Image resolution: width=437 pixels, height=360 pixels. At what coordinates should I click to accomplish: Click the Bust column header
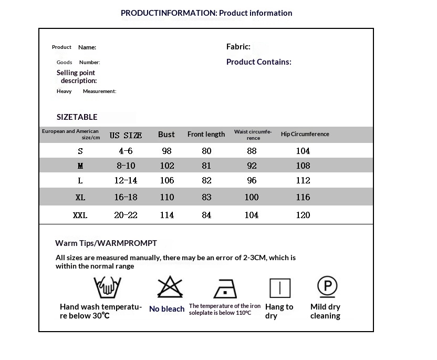166,135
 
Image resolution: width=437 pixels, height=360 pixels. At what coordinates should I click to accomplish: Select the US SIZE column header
126,135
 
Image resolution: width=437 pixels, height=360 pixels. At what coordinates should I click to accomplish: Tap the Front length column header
206,135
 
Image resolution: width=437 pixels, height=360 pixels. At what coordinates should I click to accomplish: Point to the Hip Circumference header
305,134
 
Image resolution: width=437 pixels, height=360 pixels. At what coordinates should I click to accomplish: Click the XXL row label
80,215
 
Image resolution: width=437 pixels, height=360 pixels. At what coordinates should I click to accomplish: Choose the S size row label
80,151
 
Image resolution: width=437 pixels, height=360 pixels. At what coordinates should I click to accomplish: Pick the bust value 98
167,151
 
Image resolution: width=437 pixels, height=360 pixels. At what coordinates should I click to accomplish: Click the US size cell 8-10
126,166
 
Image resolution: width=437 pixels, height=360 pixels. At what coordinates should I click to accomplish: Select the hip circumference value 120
303,215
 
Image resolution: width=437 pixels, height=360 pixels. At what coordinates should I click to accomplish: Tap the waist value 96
252,180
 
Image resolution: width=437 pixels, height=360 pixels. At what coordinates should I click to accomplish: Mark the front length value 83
206,197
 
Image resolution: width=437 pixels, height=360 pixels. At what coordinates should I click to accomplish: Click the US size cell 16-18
126,197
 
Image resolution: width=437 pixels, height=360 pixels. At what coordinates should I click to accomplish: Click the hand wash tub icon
107,287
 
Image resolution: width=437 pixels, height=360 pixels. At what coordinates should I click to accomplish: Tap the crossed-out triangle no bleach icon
170,287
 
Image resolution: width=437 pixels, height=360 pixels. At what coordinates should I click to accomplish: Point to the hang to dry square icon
280,288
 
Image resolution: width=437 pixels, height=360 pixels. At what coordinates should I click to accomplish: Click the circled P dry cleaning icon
327,286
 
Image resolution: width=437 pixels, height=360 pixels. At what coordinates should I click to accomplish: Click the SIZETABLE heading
77,117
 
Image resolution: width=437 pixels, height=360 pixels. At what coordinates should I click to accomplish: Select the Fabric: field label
238,47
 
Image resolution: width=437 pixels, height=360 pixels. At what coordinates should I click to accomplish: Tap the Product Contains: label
258,62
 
